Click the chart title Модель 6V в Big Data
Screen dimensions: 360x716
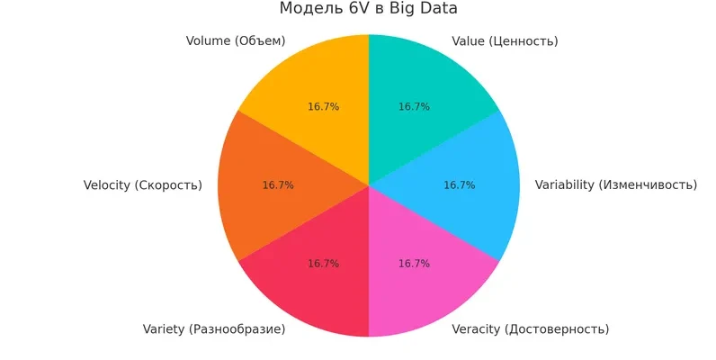[x=368, y=9]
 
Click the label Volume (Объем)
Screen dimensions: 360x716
[x=235, y=41]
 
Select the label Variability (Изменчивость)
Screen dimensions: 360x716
[x=615, y=185]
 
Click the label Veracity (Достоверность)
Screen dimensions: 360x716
[x=530, y=329]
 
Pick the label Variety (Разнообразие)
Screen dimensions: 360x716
[x=214, y=329]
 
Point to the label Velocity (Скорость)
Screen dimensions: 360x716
[x=142, y=185]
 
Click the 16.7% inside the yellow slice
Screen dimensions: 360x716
[x=323, y=107]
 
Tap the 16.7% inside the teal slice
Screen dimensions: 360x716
[x=414, y=107]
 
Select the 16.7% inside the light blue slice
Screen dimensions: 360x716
[x=459, y=185]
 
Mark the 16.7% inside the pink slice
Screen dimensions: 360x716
[x=414, y=264]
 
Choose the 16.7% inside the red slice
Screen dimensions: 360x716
[x=323, y=264]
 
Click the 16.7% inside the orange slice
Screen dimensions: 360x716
[x=278, y=185]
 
